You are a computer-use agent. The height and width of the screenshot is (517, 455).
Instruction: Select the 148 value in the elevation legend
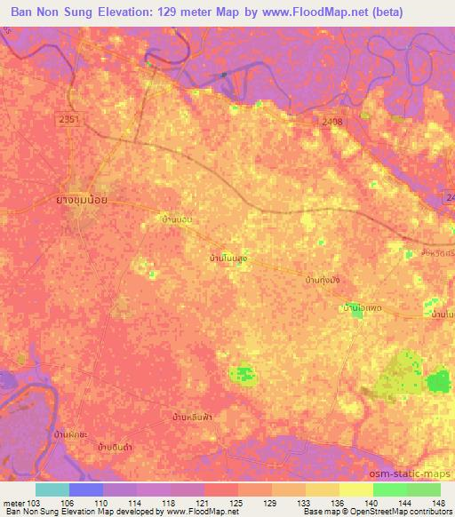tap(438, 502)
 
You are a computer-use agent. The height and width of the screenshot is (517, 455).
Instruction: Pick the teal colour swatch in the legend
tap(52, 489)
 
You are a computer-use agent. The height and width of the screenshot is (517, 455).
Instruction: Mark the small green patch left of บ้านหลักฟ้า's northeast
tap(243, 375)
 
